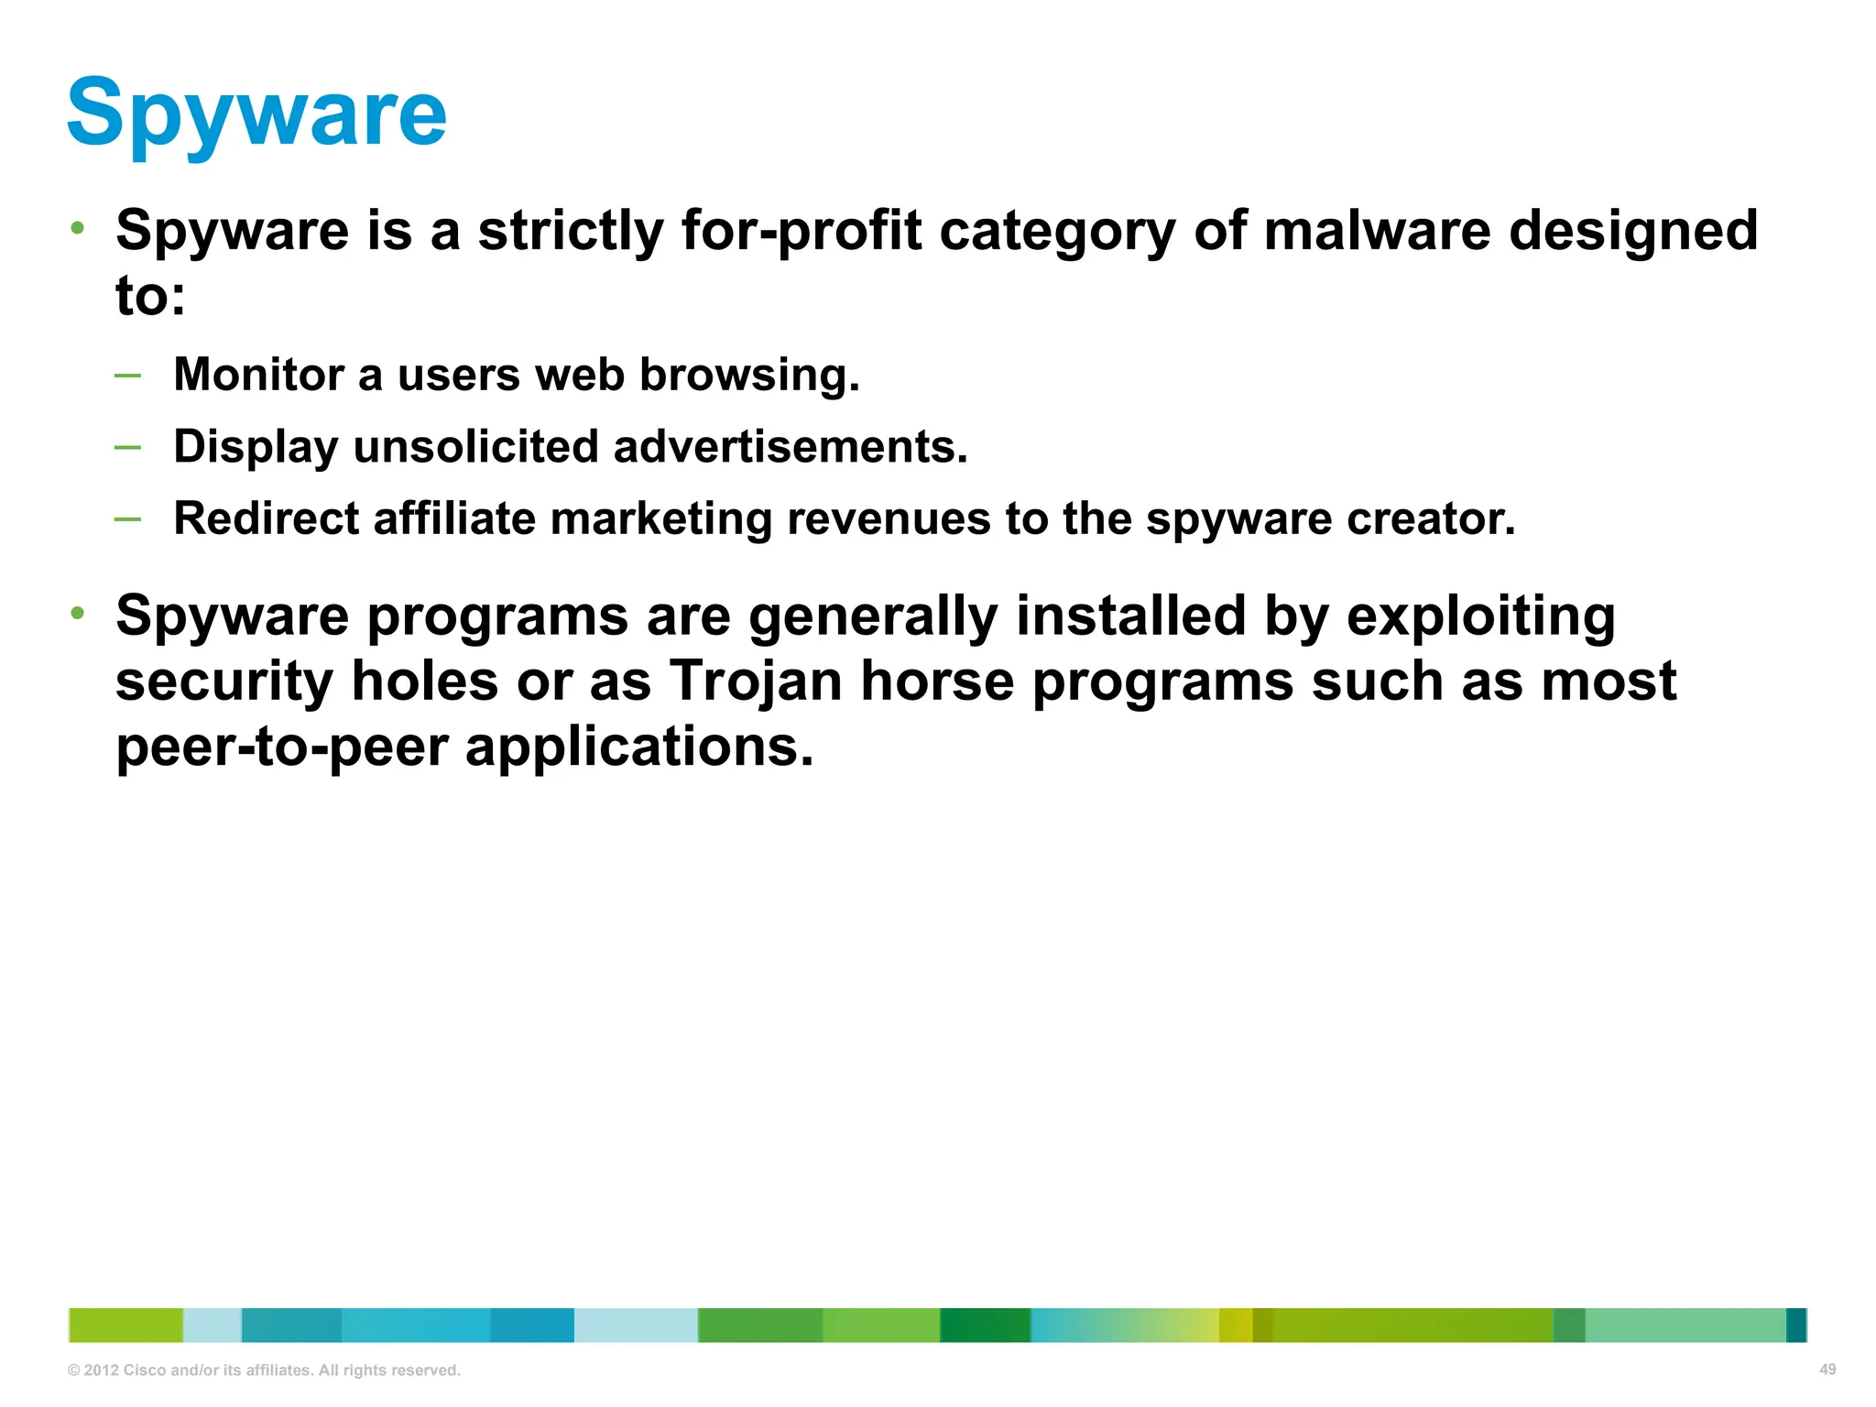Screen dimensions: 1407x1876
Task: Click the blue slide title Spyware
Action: [256, 114]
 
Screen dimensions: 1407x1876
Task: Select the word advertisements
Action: [790, 447]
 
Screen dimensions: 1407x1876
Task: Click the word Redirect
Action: [265, 518]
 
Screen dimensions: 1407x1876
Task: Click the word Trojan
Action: [755, 682]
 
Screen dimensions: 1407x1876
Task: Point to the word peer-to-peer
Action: [281, 747]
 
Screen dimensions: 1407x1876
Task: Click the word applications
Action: [638, 747]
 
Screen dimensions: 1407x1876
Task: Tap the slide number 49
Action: [1827, 1369]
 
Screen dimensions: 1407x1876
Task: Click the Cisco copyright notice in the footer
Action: [264, 1370]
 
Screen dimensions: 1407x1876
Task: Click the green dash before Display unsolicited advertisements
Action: [128, 447]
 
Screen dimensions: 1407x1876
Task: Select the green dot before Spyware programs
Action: [79, 612]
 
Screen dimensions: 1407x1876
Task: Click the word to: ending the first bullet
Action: [150, 297]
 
